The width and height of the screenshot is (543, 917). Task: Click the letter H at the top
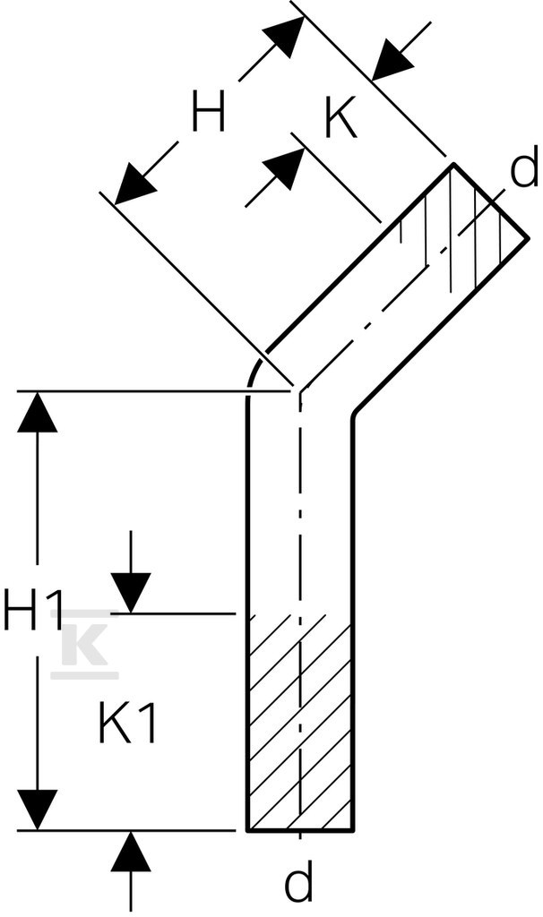tap(208, 112)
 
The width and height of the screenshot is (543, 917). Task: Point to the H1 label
tap(32, 609)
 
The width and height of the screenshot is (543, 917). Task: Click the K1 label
tap(127, 723)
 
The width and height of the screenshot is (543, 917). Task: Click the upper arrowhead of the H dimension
tap(286, 36)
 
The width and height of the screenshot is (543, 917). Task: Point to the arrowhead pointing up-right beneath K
tap(285, 169)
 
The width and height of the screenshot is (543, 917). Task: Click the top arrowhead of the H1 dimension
tap(38, 412)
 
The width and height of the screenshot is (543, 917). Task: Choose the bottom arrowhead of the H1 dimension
tap(38, 810)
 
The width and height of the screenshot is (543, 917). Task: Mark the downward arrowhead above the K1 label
tap(131, 593)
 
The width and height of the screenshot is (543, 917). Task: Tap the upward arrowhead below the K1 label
tap(131, 852)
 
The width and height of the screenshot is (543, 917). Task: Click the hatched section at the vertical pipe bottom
tap(299, 723)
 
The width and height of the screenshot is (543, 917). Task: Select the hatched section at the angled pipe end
tap(462, 228)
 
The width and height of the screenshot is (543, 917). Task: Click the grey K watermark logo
tap(85, 644)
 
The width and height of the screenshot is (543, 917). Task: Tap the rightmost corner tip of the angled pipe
tap(527, 238)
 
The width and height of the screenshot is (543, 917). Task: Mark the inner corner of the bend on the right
tap(353, 416)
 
